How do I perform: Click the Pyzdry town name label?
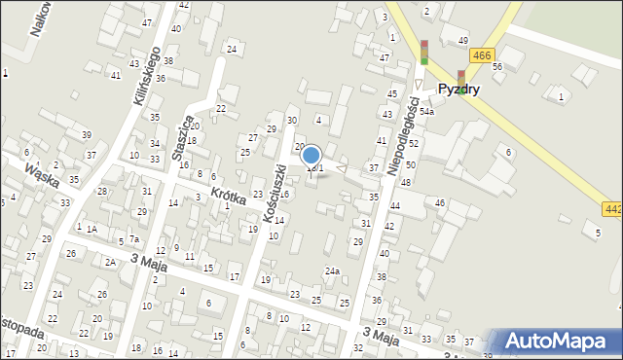tap(458, 89)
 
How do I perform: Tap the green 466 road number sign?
tap(479, 56)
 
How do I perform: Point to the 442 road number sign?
tap(612, 208)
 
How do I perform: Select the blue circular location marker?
tap(311, 155)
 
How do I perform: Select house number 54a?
tap(426, 112)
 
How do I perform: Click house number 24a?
tap(332, 271)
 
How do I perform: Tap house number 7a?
tap(134, 239)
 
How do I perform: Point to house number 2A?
tap(110, 262)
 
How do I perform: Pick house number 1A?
tap(92, 229)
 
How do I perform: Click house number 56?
tap(496, 66)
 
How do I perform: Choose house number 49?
tap(462, 40)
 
